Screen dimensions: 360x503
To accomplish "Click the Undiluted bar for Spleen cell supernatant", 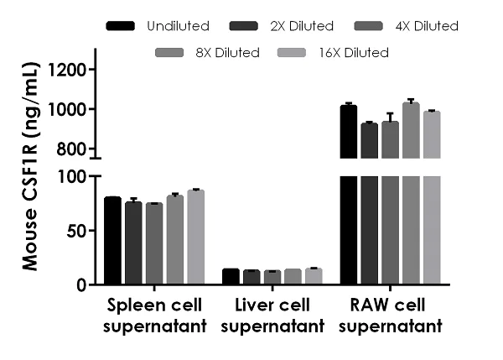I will [113, 241].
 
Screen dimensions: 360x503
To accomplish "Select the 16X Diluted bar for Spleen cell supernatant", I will [195, 237].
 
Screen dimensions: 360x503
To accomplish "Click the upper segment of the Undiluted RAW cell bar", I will [349, 132].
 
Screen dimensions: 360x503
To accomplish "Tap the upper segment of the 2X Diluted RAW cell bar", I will [370, 140].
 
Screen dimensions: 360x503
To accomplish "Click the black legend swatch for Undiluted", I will [122, 26].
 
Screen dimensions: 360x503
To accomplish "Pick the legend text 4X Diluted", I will [426, 26].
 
